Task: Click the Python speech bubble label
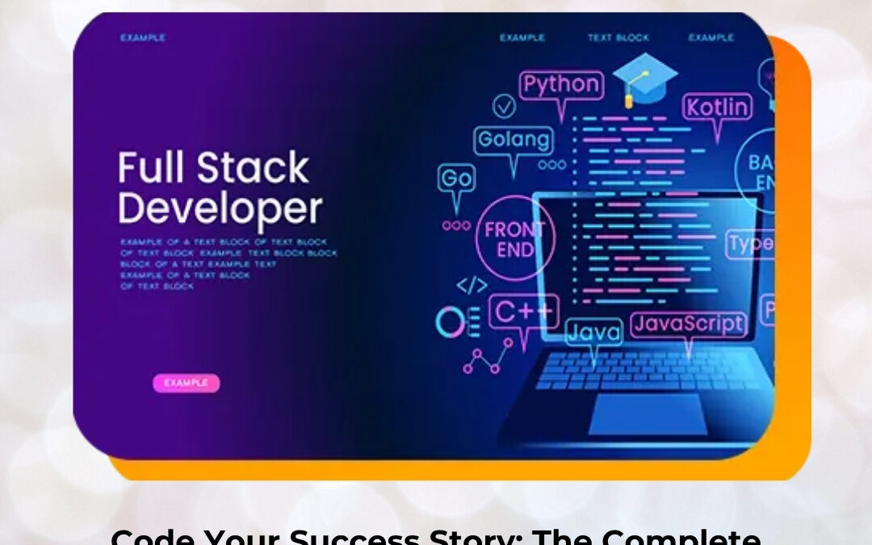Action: [561, 85]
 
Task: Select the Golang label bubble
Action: [514, 140]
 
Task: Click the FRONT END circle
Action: [515, 239]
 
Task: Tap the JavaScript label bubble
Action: [688, 325]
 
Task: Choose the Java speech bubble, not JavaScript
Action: [593, 332]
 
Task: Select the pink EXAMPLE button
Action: [186, 383]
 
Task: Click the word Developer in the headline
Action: [220, 208]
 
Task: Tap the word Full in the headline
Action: [152, 169]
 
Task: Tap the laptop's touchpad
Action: [648, 413]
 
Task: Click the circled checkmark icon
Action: [505, 106]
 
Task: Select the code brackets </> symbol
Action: [472, 285]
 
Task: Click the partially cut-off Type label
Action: [750, 244]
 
